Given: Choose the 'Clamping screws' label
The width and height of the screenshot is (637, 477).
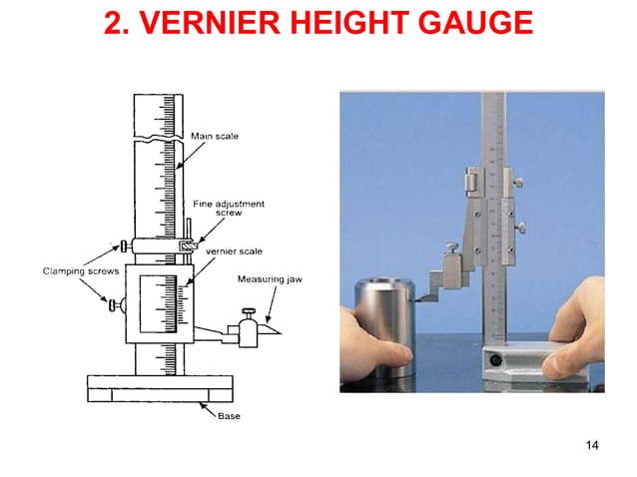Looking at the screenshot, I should click(x=76, y=268).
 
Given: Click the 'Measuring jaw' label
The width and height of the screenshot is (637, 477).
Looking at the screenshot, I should click(x=269, y=279).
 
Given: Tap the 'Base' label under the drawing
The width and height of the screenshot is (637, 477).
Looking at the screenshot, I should click(x=229, y=415).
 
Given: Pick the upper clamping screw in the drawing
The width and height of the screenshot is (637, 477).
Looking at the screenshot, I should click(x=120, y=245).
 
